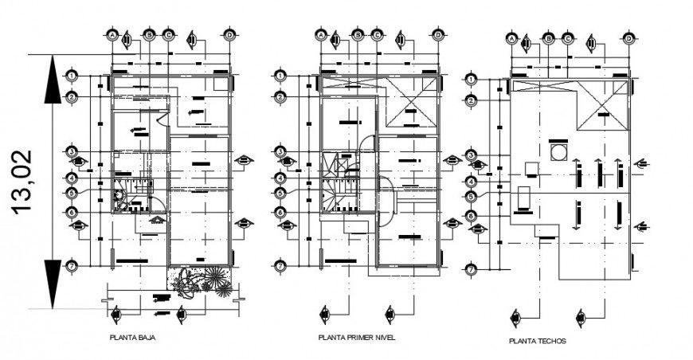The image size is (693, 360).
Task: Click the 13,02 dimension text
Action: [x=24, y=181]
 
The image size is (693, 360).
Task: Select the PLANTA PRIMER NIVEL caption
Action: [x=356, y=338]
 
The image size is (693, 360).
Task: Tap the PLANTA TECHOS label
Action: [x=538, y=341]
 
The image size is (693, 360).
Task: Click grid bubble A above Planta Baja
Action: [x=112, y=36]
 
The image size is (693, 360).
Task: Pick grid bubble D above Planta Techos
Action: [x=628, y=38]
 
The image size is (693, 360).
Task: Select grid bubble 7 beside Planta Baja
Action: [x=72, y=266]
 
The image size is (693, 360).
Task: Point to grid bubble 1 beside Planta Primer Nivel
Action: [x=280, y=76]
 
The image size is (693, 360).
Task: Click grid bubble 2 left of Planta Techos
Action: [x=472, y=100]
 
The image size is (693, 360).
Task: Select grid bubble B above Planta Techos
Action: [x=548, y=38]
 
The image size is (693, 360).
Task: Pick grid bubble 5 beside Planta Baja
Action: [x=72, y=192]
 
